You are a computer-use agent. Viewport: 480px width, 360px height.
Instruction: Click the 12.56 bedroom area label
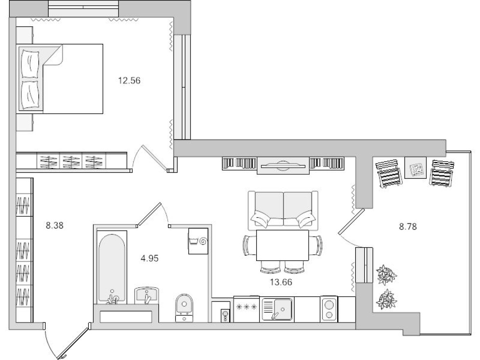click(129, 81)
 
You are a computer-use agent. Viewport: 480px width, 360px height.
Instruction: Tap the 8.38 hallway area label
click(54, 225)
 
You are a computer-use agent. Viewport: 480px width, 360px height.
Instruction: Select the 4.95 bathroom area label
click(150, 259)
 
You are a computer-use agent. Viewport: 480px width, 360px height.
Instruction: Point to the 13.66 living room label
click(281, 282)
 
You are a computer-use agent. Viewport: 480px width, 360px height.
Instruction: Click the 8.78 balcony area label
click(408, 227)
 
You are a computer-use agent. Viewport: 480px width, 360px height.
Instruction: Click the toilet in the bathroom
click(184, 307)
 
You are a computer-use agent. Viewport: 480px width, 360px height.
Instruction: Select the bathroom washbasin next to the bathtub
click(146, 295)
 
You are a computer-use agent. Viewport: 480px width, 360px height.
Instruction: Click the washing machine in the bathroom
click(198, 241)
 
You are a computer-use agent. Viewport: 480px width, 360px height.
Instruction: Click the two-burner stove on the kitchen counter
click(329, 309)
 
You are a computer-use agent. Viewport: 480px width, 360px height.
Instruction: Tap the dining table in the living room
click(282, 245)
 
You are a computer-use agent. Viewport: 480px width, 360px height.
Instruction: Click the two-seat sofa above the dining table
click(283, 210)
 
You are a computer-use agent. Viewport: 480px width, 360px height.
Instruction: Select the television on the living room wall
click(283, 165)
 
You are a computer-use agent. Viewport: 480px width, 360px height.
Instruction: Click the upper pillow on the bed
click(30, 64)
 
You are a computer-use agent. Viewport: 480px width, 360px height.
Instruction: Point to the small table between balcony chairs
click(416, 167)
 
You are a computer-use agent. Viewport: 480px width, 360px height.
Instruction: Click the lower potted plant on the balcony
click(386, 299)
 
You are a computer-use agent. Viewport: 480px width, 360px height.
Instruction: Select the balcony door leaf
click(352, 222)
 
